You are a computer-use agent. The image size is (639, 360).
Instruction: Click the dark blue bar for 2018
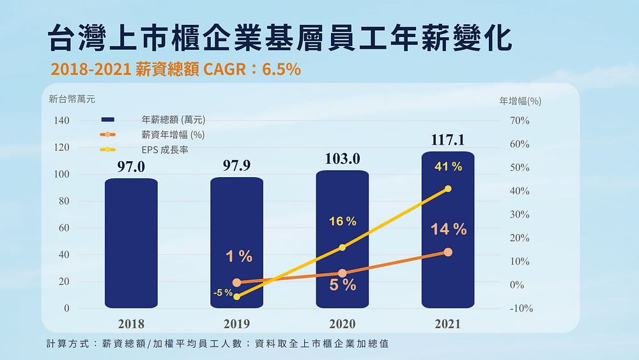click(131, 243)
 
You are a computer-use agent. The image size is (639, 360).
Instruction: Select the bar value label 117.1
click(448, 140)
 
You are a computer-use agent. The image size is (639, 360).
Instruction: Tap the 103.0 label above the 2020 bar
click(343, 159)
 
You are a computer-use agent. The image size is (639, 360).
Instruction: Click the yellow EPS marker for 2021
click(448, 189)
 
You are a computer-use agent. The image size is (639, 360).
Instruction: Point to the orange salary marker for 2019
click(237, 283)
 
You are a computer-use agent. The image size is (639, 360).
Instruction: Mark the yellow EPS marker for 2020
click(343, 247)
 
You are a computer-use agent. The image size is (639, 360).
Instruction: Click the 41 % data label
click(448, 167)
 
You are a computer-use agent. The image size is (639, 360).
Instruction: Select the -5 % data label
click(223, 293)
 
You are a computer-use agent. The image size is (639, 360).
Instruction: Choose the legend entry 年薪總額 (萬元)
click(173, 120)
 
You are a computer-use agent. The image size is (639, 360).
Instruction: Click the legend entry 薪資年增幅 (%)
click(173, 135)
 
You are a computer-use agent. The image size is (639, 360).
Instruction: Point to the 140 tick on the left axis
click(61, 121)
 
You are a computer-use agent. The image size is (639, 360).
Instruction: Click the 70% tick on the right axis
click(519, 121)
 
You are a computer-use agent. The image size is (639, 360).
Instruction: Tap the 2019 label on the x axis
click(237, 324)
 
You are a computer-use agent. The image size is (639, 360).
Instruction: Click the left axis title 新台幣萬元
click(72, 99)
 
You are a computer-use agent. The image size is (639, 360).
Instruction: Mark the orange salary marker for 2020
click(343, 273)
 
